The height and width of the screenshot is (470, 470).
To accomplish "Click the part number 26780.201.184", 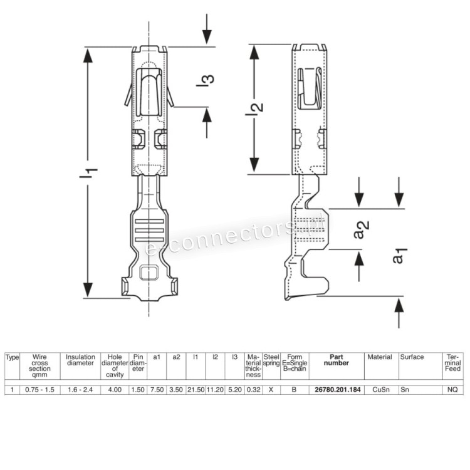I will click(337, 390).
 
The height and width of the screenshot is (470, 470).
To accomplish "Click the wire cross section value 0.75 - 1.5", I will click(39, 390).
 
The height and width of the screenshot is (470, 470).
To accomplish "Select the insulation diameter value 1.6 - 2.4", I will click(80, 390).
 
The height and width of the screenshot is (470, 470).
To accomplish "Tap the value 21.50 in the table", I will click(196, 390).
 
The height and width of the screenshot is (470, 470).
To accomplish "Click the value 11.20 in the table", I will click(215, 390).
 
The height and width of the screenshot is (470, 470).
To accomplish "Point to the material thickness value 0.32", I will click(253, 390).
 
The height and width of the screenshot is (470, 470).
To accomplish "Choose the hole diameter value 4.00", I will click(115, 390).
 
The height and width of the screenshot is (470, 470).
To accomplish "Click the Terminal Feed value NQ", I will click(452, 390).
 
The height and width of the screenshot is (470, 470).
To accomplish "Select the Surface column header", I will click(412, 357).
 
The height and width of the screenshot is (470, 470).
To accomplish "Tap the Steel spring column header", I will click(271, 360).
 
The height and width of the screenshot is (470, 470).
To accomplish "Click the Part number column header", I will click(337, 360).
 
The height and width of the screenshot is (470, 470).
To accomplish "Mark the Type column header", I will click(13, 357).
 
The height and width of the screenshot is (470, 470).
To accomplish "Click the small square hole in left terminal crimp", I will click(149, 273).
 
